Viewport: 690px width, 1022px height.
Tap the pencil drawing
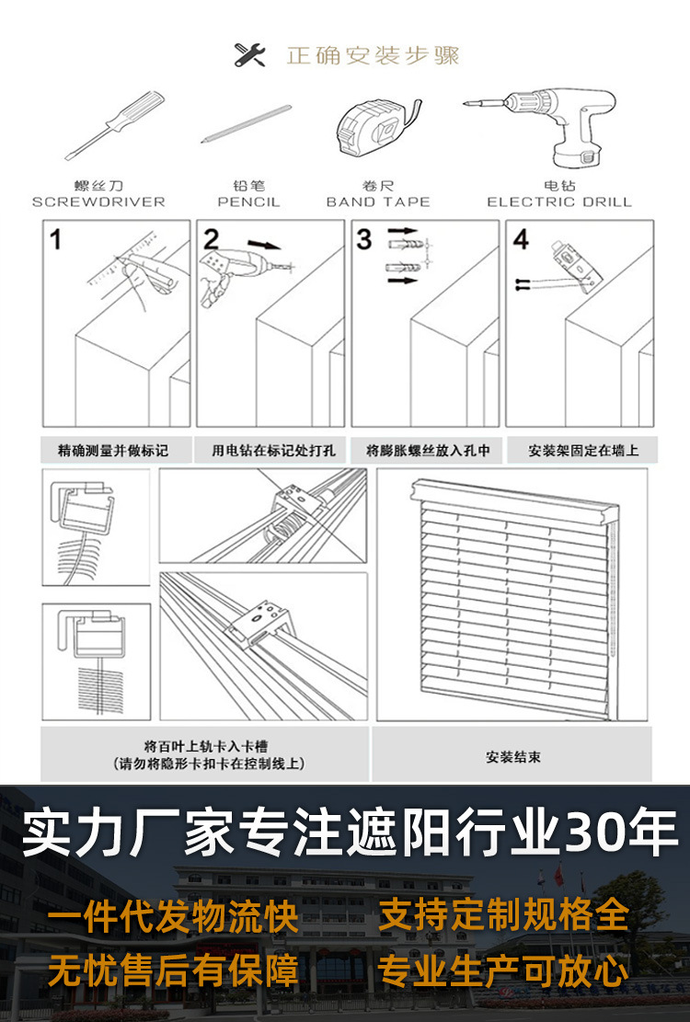click(x=246, y=124)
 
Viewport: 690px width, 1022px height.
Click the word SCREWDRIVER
click(x=98, y=201)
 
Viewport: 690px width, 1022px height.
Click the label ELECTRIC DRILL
click(x=559, y=201)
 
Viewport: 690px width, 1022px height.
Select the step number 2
click(x=211, y=241)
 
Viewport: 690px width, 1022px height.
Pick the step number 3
click(x=364, y=241)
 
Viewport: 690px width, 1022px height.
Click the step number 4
click(x=521, y=241)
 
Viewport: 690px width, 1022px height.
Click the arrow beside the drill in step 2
click(x=266, y=247)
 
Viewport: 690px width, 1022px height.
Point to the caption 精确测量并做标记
click(x=114, y=451)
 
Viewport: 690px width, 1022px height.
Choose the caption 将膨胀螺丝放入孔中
click(x=428, y=451)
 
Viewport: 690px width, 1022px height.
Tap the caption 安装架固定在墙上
click(x=582, y=451)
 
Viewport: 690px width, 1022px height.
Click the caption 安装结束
click(x=513, y=757)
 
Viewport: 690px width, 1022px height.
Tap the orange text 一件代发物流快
click(x=173, y=916)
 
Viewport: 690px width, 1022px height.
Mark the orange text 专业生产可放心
click(x=504, y=970)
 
